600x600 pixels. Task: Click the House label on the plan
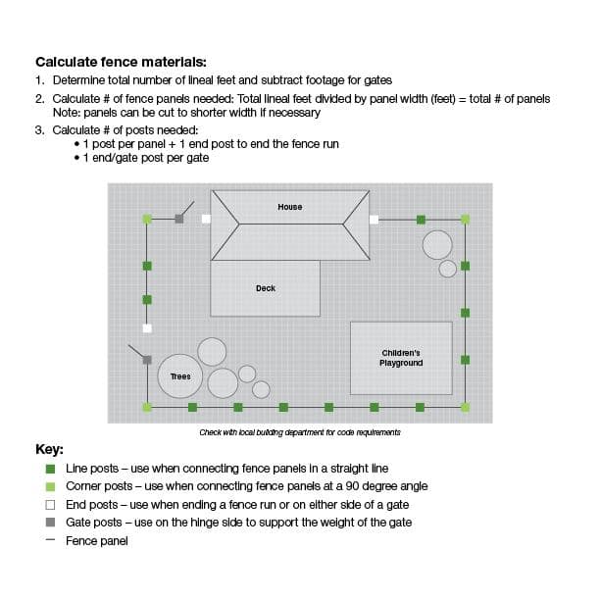[289, 207]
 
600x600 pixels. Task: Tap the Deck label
[266, 288]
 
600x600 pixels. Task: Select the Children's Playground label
[401, 358]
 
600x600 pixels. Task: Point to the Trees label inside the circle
[180, 376]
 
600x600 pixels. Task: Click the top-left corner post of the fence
[147, 219]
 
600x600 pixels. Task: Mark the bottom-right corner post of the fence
[465, 406]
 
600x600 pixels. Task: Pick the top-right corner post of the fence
[465, 219]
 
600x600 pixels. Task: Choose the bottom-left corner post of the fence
[147, 406]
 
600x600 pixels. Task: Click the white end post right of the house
[374, 219]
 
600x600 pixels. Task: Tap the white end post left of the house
[206, 219]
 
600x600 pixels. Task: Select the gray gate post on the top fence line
[178, 219]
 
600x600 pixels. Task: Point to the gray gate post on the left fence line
[147, 360]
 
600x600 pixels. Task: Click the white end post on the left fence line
[147, 328]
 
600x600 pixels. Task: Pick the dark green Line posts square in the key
[50, 469]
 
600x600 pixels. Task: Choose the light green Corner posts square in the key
[50, 486]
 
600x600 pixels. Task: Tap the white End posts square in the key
[50, 504]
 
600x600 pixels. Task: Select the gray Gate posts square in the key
[50, 523]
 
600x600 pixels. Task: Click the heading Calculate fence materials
[121, 61]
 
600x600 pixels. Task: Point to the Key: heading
[49, 450]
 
